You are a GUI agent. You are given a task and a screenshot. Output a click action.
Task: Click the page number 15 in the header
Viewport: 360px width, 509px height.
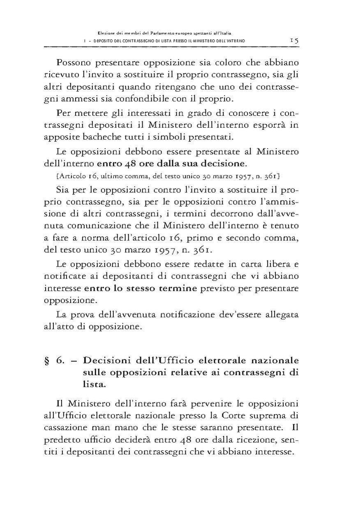click(294, 41)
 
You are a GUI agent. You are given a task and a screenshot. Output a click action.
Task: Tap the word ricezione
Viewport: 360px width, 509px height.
click(250, 439)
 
